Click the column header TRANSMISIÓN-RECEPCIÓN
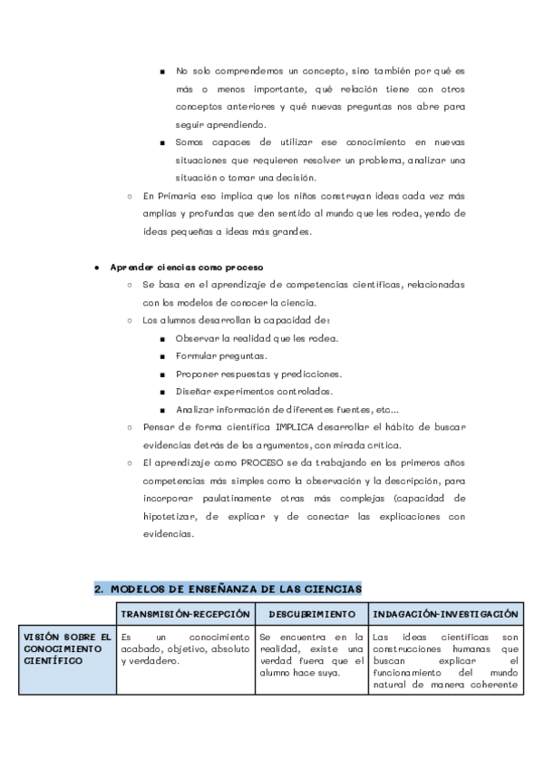coord(185,614)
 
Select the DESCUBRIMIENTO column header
coord(311,614)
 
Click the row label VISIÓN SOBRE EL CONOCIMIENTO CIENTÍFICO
coord(67,648)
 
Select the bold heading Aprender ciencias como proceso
coord(186,268)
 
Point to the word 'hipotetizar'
coord(170,516)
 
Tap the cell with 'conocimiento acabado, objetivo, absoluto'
coord(185,648)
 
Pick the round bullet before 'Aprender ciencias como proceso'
coord(97,268)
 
